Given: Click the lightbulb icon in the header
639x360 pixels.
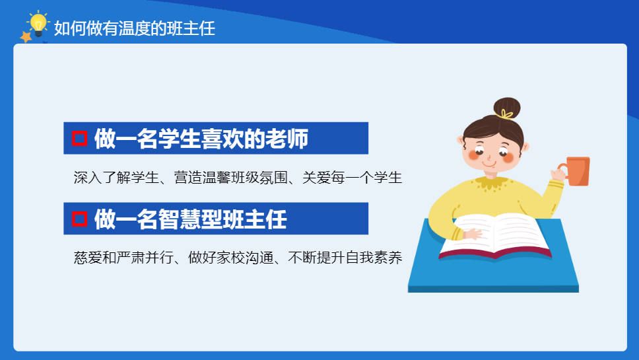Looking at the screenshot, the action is tap(38, 24).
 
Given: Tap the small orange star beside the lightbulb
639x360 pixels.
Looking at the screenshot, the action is tap(26, 37).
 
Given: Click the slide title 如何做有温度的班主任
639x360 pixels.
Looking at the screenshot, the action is tap(135, 28).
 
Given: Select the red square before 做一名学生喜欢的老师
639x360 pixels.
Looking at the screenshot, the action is tap(79, 138).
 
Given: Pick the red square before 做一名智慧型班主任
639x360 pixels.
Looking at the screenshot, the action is tap(79, 219).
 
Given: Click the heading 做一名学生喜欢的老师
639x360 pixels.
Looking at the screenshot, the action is tap(201, 139).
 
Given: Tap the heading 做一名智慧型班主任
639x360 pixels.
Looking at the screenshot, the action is tap(191, 219).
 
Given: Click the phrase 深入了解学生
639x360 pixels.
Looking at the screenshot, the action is tap(116, 177).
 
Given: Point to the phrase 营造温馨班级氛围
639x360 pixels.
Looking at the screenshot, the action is tap(230, 177).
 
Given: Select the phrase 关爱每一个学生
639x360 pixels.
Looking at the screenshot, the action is tap(352, 177).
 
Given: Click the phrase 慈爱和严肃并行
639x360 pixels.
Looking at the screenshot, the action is tap(123, 258).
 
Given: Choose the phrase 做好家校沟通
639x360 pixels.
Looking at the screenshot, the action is tap(230, 258).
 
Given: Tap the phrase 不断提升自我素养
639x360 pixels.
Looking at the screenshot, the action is tap(345, 258).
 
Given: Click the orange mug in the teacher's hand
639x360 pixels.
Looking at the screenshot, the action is tap(576, 171).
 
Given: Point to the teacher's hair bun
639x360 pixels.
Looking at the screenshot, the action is tap(507, 108).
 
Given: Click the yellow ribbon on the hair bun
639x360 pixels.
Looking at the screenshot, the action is tap(506, 114).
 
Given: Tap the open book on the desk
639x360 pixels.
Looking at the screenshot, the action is tap(494, 236).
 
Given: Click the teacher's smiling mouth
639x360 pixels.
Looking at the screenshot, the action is tap(488, 164).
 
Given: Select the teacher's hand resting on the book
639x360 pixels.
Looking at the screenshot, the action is tap(472, 234).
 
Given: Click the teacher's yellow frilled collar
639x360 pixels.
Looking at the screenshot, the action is tap(494, 183).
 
